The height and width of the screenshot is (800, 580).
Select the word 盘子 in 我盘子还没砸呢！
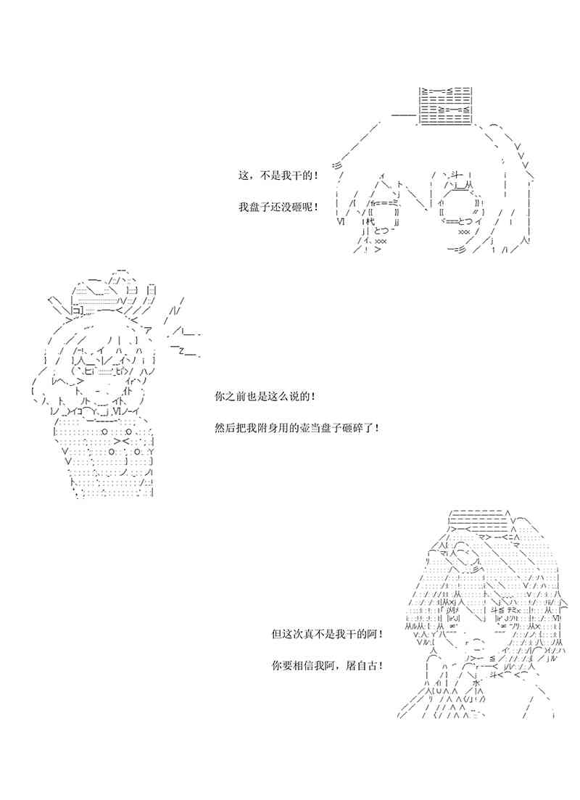coord(260,207)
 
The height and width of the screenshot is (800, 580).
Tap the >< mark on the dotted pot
coord(123,440)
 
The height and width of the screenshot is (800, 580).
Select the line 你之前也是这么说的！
coord(265,397)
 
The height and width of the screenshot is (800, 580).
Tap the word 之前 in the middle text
coord(236,397)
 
